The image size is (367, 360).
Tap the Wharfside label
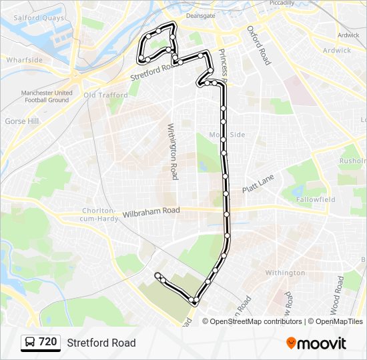24,60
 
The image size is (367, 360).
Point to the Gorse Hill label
22,121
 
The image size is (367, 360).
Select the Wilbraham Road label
151,213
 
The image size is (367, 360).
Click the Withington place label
285,273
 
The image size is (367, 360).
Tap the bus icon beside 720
30,343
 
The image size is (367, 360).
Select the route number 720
47,342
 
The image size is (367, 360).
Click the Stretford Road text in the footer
101,343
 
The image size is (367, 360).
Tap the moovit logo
316,343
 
